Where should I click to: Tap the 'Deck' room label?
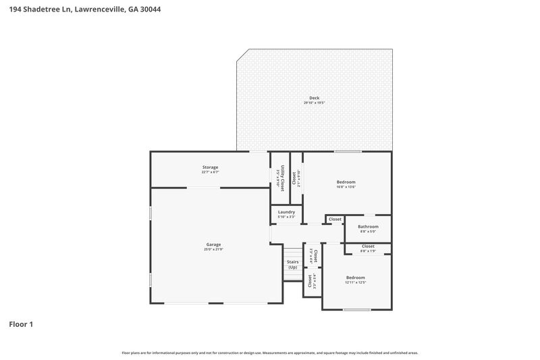point(315,98)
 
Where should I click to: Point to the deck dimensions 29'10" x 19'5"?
point(315,103)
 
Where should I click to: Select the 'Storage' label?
point(210,167)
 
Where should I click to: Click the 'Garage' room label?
point(213,245)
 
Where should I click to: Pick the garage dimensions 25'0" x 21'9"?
point(213,249)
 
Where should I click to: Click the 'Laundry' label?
point(286,212)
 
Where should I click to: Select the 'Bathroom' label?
point(368,226)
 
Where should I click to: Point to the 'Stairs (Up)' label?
point(292,264)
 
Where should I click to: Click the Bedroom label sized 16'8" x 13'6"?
point(346,182)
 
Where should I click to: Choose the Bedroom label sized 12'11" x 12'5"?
point(355,278)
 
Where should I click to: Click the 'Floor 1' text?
point(21,324)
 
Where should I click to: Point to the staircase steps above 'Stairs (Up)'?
point(292,250)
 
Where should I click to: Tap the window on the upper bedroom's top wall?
point(347,151)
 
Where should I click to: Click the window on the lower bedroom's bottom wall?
point(356,310)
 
